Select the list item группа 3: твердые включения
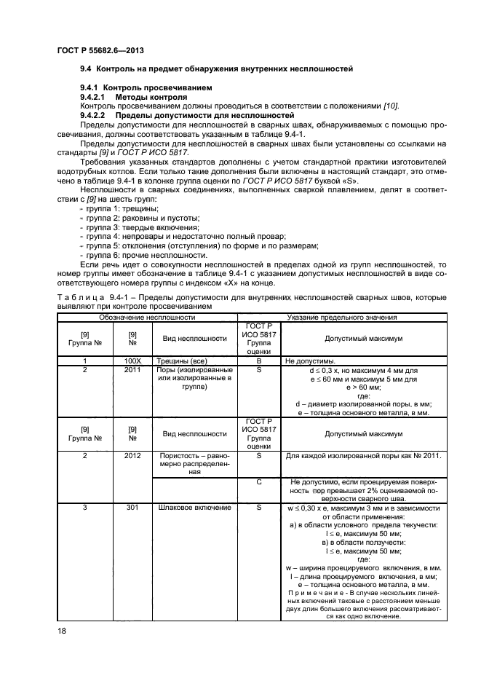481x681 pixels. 129,228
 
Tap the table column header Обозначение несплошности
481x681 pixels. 147,318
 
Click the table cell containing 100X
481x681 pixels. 132,361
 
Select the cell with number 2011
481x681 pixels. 132,370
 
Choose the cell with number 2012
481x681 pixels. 132,456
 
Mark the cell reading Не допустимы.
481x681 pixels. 311,361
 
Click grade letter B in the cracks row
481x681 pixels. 259,361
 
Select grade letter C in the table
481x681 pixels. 259,482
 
